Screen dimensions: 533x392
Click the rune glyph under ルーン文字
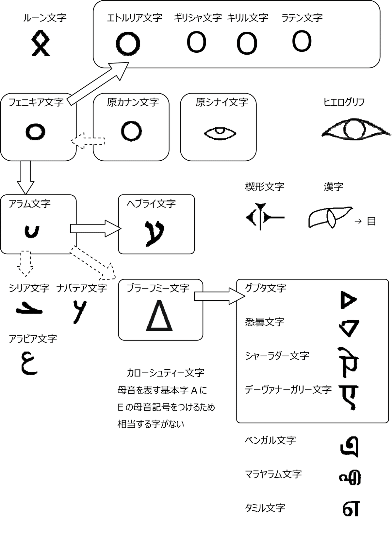point(40,43)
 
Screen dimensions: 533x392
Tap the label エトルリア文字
point(134,18)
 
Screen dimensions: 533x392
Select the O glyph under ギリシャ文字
point(196,43)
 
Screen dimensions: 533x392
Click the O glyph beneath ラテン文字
point(302,41)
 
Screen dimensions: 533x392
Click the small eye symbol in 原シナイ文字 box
point(220,133)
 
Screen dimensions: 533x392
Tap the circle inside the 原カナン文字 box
point(132,131)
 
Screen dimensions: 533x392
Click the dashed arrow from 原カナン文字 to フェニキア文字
point(88,141)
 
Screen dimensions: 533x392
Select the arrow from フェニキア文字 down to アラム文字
point(25,177)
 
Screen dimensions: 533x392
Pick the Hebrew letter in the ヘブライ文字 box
point(154,232)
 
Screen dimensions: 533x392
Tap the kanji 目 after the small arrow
point(371,221)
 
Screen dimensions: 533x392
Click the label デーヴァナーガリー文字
point(288,389)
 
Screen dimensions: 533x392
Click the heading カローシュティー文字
point(165,373)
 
